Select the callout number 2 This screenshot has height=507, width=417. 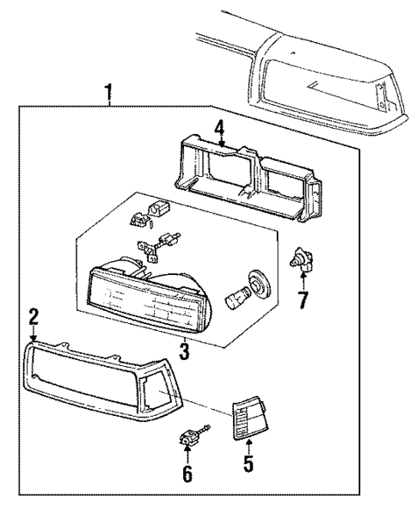[34, 319]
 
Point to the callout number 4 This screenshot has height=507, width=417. [220, 130]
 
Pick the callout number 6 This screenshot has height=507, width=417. [187, 473]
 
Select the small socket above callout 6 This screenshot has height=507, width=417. [187, 440]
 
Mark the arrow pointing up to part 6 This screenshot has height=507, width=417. [187, 455]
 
